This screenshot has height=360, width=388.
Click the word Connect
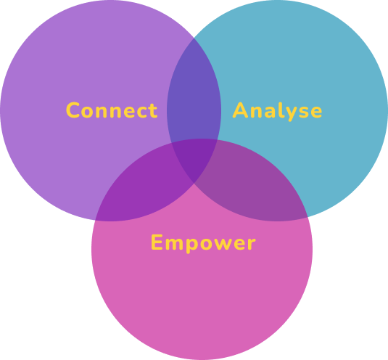(x=112, y=110)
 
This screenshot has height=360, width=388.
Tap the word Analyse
(x=277, y=112)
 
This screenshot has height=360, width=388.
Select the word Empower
(x=203, y=243)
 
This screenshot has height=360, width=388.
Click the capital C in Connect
(x=73, y=110)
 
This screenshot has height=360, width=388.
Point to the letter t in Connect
(x=154, y=110)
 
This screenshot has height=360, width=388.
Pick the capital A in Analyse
(x=240, y=110)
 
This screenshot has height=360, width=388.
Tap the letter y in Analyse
(x=292, y=114)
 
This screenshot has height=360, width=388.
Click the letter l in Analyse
(x=281, y=110)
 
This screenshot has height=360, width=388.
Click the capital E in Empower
(x=157, y=242)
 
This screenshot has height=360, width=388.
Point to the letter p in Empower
(x=191, y=245)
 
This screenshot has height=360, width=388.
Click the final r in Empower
(x=252, y=244)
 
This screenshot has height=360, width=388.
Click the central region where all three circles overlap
(x=194, y=159)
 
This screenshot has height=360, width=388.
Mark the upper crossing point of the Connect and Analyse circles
(x=194, y=38)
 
